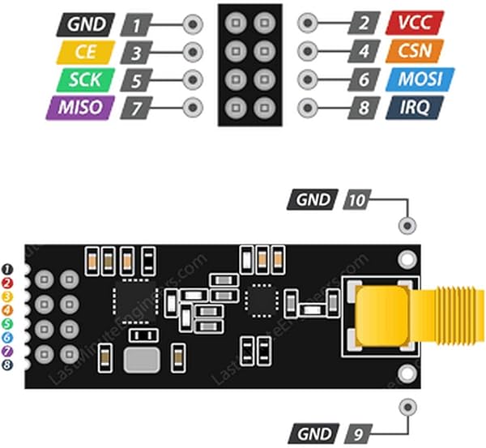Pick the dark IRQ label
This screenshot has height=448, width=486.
[x=409, y=106]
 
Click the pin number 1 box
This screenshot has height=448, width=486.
[x=140, y=24]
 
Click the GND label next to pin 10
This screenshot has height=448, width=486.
[x=313, y=199]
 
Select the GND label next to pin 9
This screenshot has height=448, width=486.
[x=313, y=432]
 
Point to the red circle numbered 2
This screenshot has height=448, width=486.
[x=7, y=282]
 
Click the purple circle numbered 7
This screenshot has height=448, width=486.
[x=7, y=351]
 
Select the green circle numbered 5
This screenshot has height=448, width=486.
[x=7, y=323]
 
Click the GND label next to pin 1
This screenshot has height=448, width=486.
[x=83, y=23]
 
